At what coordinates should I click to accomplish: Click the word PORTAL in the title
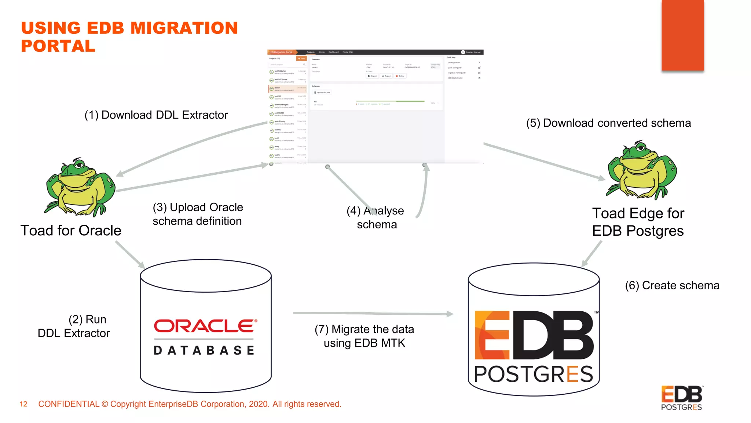(58, 46)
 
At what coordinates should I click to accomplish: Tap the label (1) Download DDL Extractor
(156, 115)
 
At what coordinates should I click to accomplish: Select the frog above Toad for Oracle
(80, 187)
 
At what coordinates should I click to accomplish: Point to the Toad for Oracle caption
(71, 231)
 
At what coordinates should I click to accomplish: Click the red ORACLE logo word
(205, 326)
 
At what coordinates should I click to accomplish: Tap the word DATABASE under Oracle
(204, 350)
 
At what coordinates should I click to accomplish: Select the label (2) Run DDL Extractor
(74, 326)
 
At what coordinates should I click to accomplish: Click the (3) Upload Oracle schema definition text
(198, 214)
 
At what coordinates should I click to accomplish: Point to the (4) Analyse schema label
(376, 217)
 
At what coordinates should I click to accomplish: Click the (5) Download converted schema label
(608, 123)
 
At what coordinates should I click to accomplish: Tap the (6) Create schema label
(672, 285)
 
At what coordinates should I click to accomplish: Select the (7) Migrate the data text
(364, 329)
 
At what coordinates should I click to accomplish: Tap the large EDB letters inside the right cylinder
(534, 335)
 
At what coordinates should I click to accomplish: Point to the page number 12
(23, 404)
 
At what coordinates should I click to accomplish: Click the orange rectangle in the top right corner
(682, 35)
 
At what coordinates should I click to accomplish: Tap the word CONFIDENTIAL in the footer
(69, 404)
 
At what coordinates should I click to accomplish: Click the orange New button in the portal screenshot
(301, 58)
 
